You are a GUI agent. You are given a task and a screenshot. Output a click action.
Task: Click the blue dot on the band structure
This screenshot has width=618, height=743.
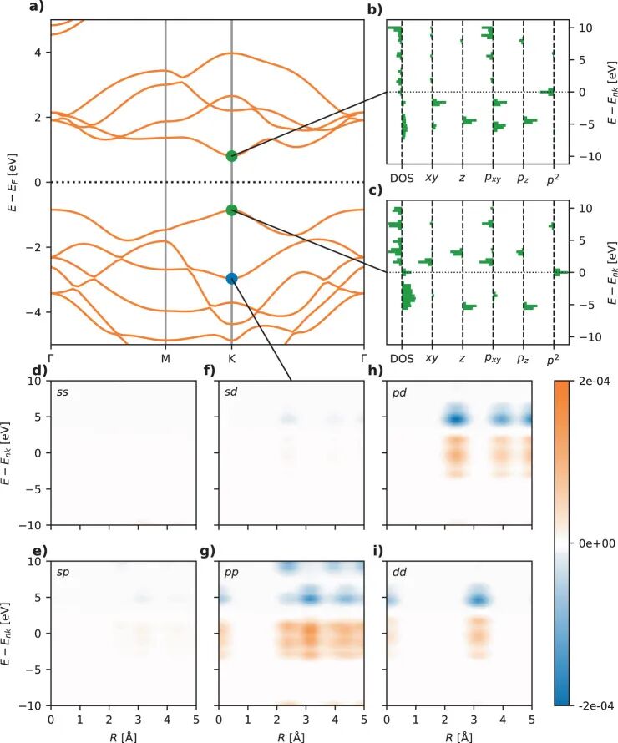point(231,279)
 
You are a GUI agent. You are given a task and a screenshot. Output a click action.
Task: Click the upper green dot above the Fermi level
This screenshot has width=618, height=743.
point(231,156)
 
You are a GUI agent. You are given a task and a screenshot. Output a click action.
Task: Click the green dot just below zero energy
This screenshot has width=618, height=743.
point(231,210)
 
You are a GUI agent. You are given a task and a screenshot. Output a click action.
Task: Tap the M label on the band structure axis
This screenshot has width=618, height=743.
point(165,359)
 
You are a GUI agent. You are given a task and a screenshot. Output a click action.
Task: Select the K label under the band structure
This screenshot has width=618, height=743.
point(232,359)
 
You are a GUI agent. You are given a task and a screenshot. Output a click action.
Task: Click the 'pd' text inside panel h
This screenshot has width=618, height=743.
point(399,393)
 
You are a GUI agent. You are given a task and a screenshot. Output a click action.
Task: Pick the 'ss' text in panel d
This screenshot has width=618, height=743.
point(63,392)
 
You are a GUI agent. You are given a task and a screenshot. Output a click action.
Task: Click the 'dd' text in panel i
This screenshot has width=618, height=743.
point(399,572)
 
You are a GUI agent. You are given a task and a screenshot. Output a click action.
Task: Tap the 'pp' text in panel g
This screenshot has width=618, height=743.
point(231,573)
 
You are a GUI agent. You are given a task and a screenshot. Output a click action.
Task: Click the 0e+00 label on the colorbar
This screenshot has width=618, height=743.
point(597,543)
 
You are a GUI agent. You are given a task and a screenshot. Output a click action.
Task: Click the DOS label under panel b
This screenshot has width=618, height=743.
point(402,178)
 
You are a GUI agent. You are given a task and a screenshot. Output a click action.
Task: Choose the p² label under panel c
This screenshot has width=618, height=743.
point(553,360)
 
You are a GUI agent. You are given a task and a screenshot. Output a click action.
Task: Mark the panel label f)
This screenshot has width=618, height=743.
point(209,370)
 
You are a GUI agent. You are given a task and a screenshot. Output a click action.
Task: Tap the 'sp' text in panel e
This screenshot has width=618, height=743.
point(63,573)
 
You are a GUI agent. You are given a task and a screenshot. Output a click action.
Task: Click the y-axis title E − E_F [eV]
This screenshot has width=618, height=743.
point(13,182)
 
